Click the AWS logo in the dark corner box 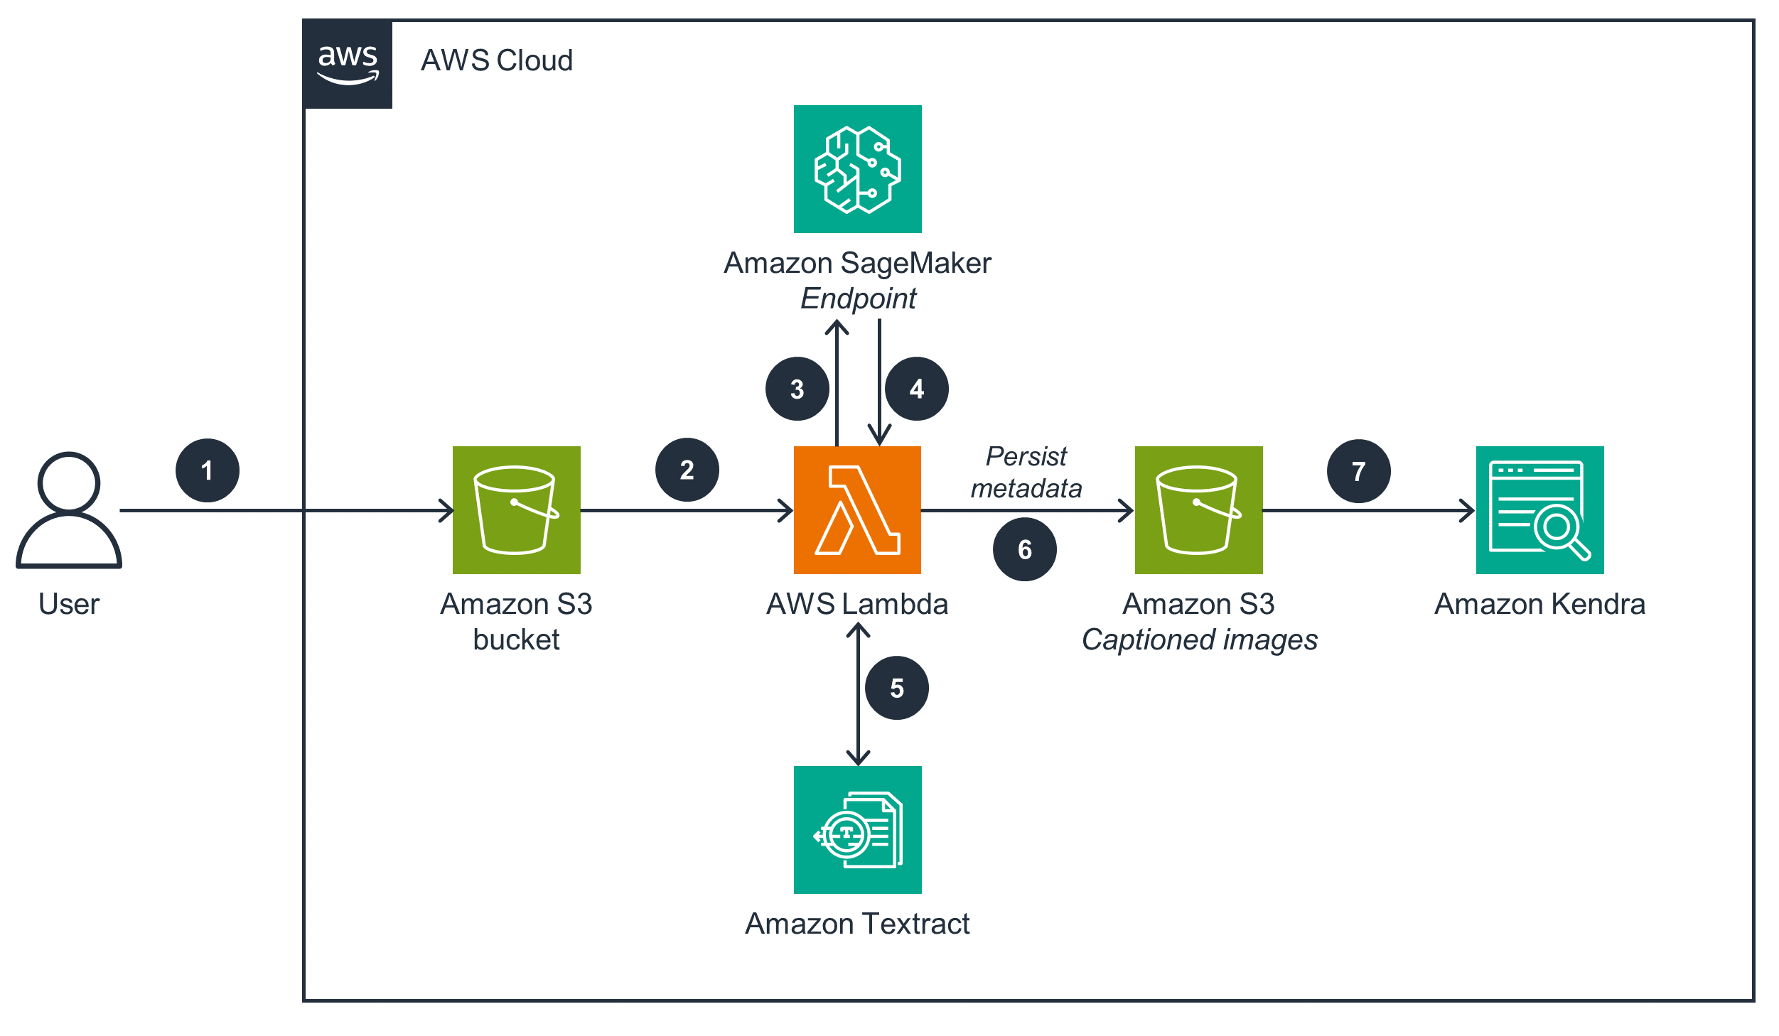click(x=348, y=64)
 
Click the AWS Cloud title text click(x=496, y=60)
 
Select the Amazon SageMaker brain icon click(x=857, y=169)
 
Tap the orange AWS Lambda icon click(x=857, y=509)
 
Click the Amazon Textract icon click(x=857, y=829)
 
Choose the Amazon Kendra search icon click(x=1539, y=509)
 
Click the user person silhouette click(x=69, y=509)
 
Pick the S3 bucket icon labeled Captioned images click(x=1198, y=509)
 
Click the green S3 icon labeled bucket click(x=516, y=509)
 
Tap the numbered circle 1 click(x=207, y=470)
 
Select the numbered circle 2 click(x=687, y=470)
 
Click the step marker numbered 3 click(x=797, y=389)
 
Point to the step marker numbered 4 click(x=916, y=389)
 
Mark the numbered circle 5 click(x=896, y=688)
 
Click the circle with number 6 click(x=1024, y=549)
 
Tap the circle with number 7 click(x=1358, y=471)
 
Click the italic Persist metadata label click(x=1026, y=473)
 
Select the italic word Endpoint click(x=858, y=298)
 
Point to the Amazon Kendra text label click(x=1539, y=604)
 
